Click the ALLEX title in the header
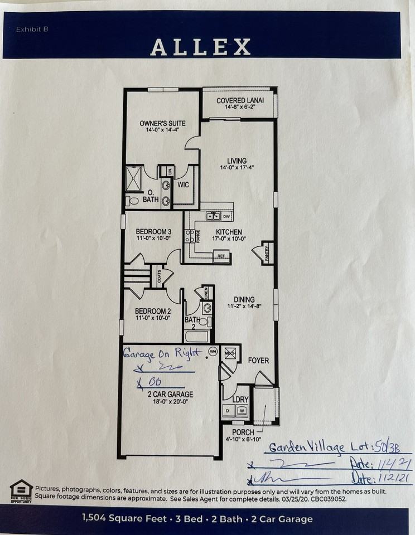200,47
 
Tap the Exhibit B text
32,29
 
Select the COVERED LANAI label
240,101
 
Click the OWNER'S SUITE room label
162,123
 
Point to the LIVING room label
237,161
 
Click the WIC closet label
184,184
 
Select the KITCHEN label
229,232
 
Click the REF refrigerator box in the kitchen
221,257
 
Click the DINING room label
245,299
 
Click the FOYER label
258,361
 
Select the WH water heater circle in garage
213,351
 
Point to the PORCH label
243,432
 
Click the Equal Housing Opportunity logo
21,491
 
